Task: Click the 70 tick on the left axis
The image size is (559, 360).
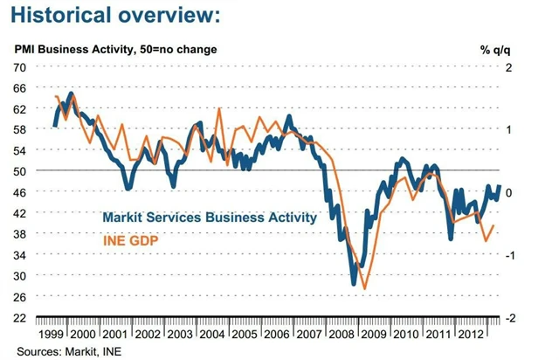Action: [x=19, y=67]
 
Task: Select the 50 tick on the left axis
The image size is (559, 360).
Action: [x=19, y=171]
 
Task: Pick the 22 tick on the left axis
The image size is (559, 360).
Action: [x=19, y=317]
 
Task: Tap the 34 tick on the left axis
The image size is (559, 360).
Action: [x=19, y=254]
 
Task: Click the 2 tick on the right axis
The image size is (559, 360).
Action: [x=508, y=67]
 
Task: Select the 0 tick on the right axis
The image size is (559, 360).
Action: [x=508, y=192]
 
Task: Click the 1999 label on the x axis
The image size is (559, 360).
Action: [x=53, y=335]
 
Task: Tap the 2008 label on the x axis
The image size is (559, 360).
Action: [x=339, y=335]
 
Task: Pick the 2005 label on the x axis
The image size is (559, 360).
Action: [x=244, y=335]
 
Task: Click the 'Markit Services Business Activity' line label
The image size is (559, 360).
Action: [x=209, y=218]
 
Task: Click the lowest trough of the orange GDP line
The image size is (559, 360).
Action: [x=363, y=289]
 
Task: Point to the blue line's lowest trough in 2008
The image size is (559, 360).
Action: [x=354, y=284]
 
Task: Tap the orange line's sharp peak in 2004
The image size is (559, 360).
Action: [x=218, y=108]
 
